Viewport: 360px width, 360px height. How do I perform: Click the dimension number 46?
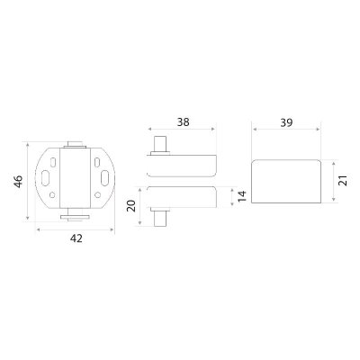point(19,182)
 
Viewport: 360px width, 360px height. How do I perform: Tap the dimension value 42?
point(76,238)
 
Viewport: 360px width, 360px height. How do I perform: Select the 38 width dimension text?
point(183,122)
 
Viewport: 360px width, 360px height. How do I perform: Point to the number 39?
point(286,122)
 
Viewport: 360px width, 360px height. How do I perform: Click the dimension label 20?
point(131,206)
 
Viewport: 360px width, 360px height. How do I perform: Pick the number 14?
point(242,196)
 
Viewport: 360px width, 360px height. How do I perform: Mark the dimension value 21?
point(343,181)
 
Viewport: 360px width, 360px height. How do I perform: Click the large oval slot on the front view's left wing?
point(46,177)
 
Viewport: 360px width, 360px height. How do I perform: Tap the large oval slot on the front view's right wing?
point(105,177)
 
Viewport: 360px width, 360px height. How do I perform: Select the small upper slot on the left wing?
point(53,162)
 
